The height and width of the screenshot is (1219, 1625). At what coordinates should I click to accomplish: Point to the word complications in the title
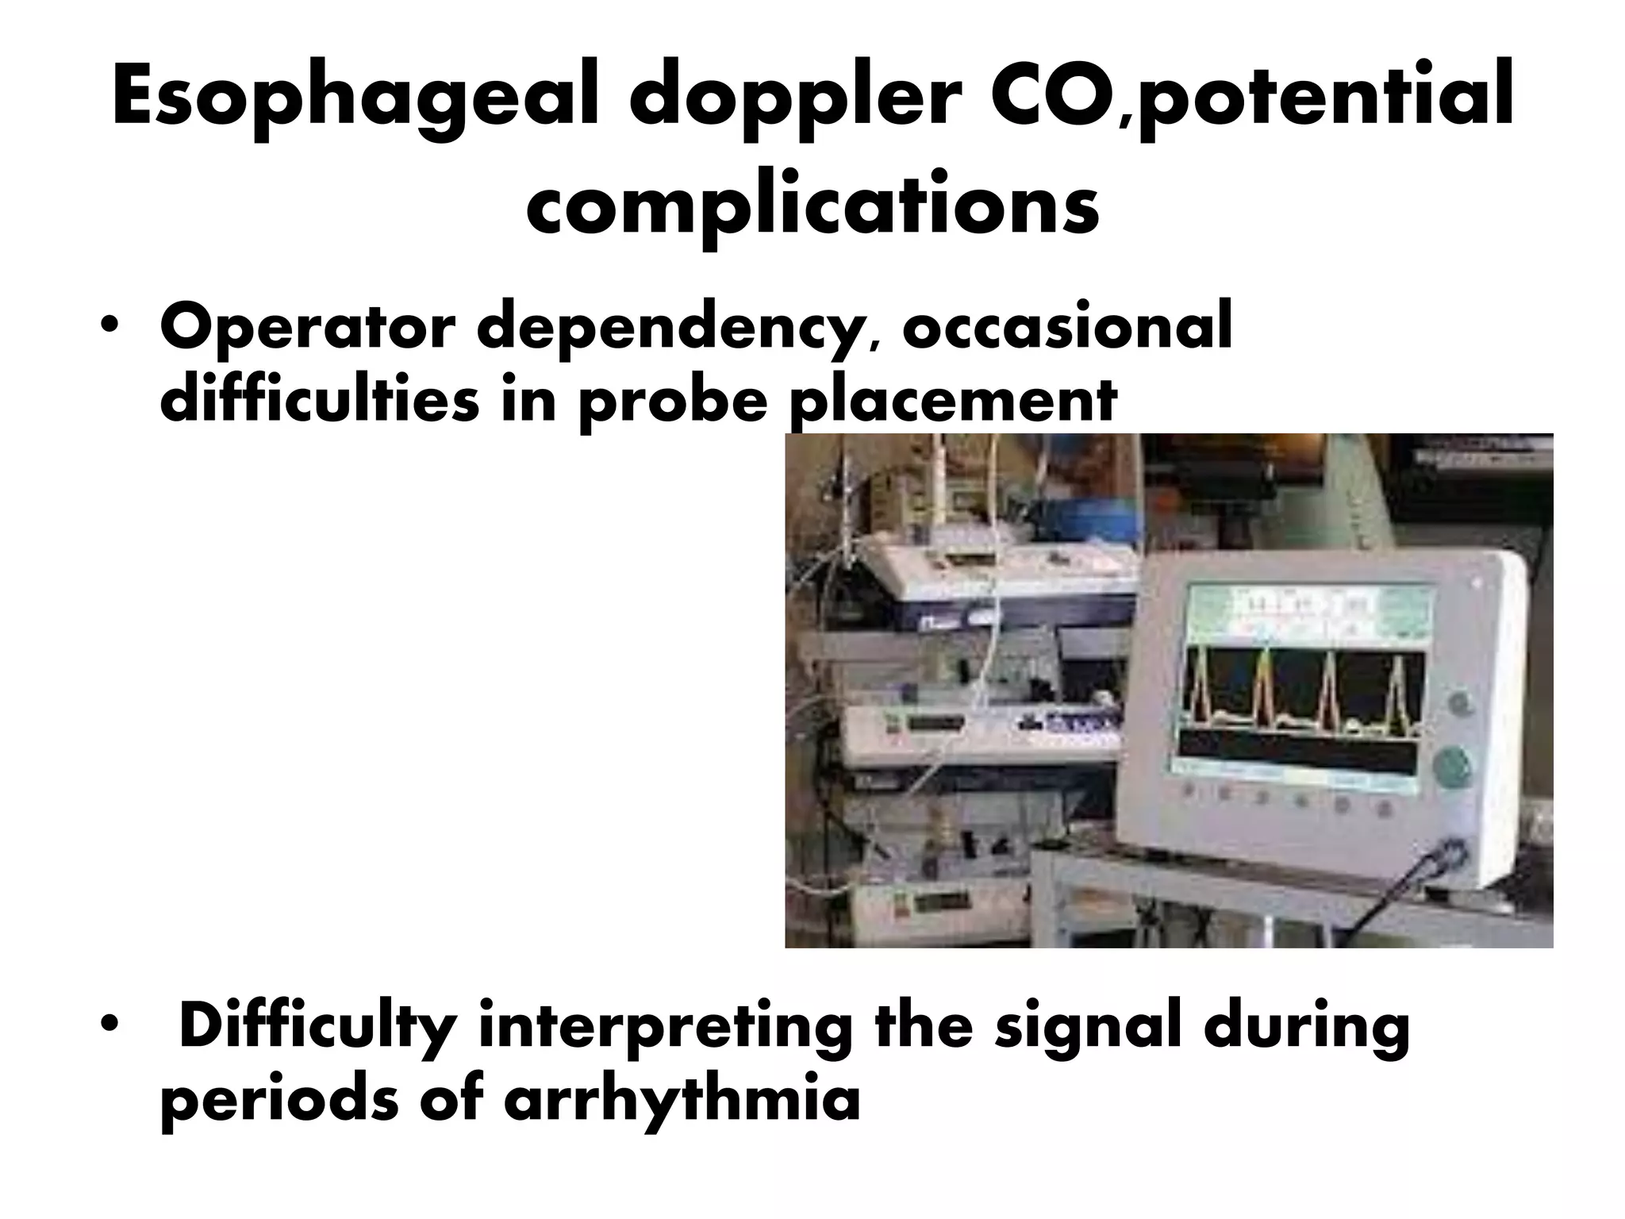click(812, 208)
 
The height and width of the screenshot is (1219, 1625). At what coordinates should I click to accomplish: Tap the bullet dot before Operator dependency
click(108, 328)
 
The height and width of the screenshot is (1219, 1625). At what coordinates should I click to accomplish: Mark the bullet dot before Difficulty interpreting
click(108, 1025)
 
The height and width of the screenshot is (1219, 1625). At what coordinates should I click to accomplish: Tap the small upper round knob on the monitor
click(1457, 703)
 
